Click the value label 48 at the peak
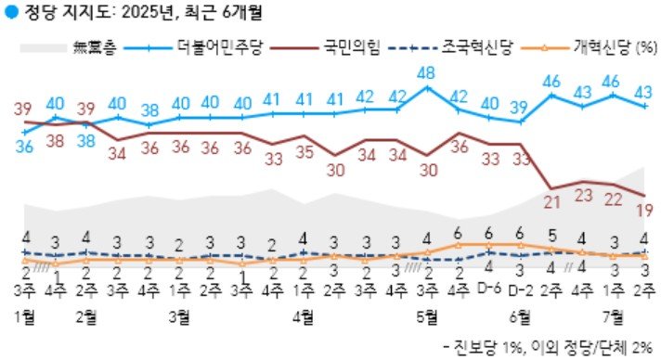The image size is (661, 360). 427,73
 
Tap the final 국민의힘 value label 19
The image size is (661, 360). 642,212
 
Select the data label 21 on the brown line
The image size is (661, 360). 551,203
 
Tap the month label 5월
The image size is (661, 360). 427,315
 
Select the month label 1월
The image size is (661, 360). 25,315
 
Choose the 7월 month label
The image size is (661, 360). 612,315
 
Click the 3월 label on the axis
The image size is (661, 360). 179,315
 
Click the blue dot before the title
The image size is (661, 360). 10,12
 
